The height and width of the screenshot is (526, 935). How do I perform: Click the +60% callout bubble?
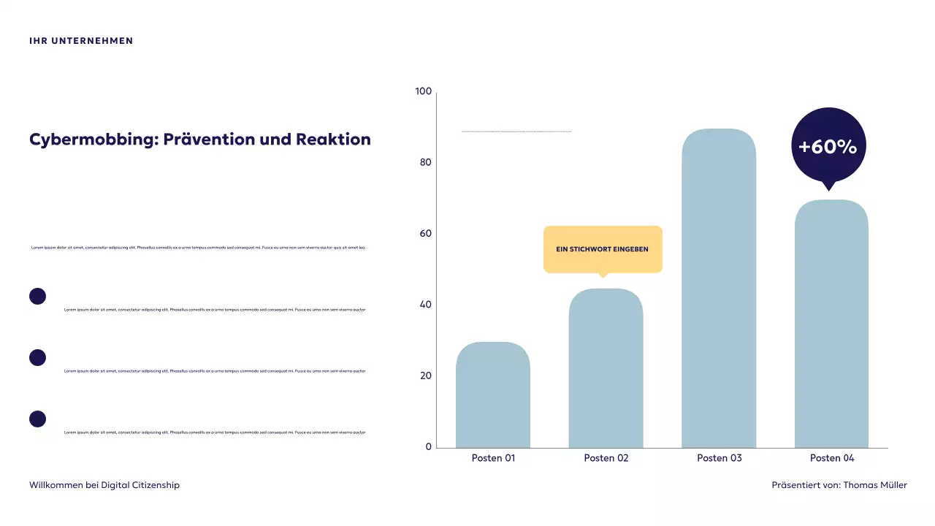click(828, 145)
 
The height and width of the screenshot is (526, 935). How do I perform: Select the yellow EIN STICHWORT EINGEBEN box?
click(603, 249)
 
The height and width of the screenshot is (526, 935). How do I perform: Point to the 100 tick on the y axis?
click(424, 91)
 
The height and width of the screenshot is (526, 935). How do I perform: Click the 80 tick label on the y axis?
click(426, 162)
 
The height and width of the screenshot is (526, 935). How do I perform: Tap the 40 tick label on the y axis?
click(426, 305)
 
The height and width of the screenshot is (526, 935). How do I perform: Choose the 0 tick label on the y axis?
click(429, 447)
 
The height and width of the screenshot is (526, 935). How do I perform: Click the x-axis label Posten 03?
click(719, 458)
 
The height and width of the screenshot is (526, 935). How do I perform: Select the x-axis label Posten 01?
click(493, 458)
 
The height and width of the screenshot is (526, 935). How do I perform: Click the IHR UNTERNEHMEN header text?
click(81, 41)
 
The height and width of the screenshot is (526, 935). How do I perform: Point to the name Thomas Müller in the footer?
click(875, 485)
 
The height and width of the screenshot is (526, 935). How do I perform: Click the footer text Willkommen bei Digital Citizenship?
click(104, 485)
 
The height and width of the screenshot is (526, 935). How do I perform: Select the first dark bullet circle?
click(37, 296)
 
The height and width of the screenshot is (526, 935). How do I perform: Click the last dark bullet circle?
click(37, 419)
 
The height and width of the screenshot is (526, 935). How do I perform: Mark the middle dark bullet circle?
click(37, 357)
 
